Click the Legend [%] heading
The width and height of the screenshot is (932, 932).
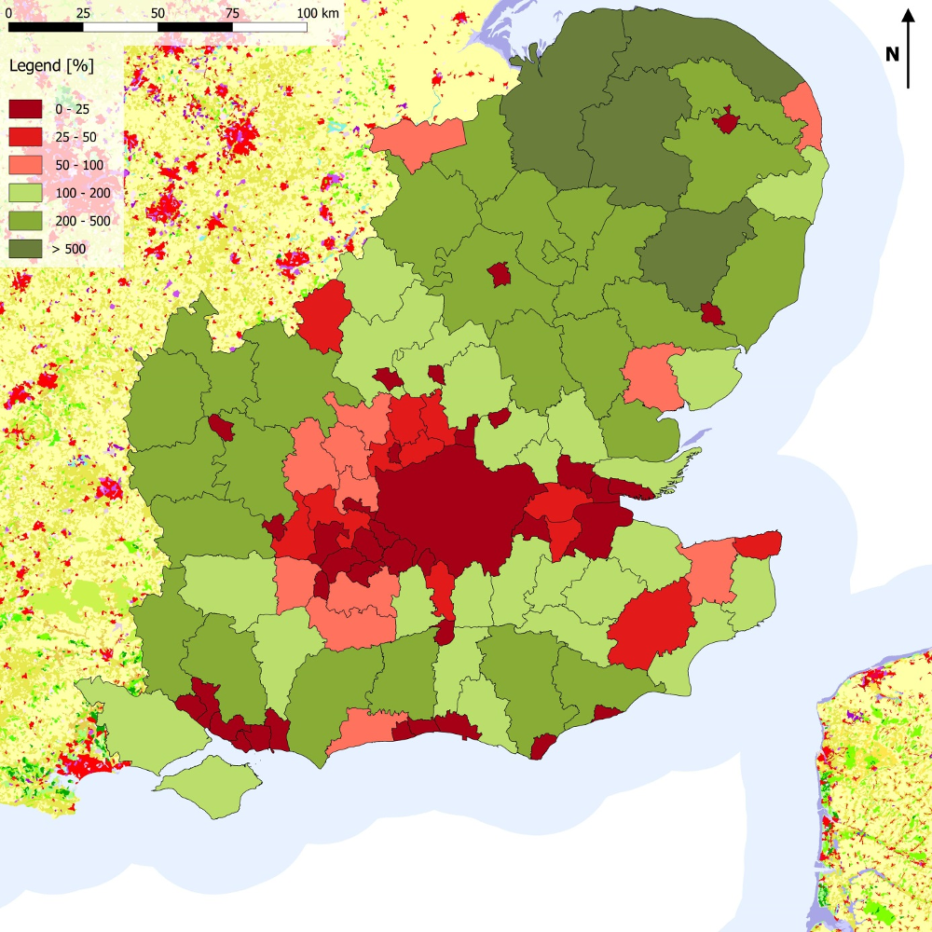point(51,66)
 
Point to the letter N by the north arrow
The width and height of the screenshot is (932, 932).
point(892,54)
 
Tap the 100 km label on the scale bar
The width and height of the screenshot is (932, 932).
point(318,14)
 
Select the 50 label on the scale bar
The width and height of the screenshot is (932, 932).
point(158,14)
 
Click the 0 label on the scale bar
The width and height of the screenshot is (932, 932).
point(9,14)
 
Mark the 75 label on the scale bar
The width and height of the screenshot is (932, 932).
point(232,14)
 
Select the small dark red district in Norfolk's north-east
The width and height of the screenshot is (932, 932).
point(726,121)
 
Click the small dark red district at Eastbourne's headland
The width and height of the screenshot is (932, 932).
point(542,747)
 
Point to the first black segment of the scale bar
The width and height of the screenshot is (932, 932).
point(46,27)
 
